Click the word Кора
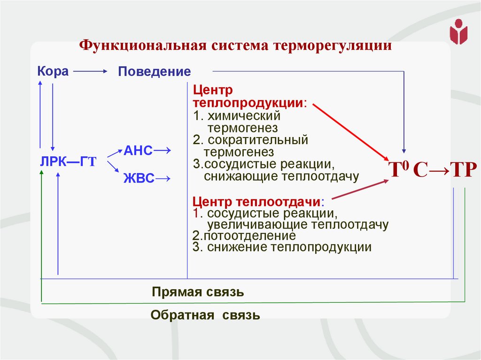tap(53, 71)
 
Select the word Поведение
tap(154, 72)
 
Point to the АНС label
tap(138, 151)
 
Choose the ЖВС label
tap(139, 178)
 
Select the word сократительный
tap(257, 140)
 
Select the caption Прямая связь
tap(198, 292)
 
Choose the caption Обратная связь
tap(205, 315)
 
